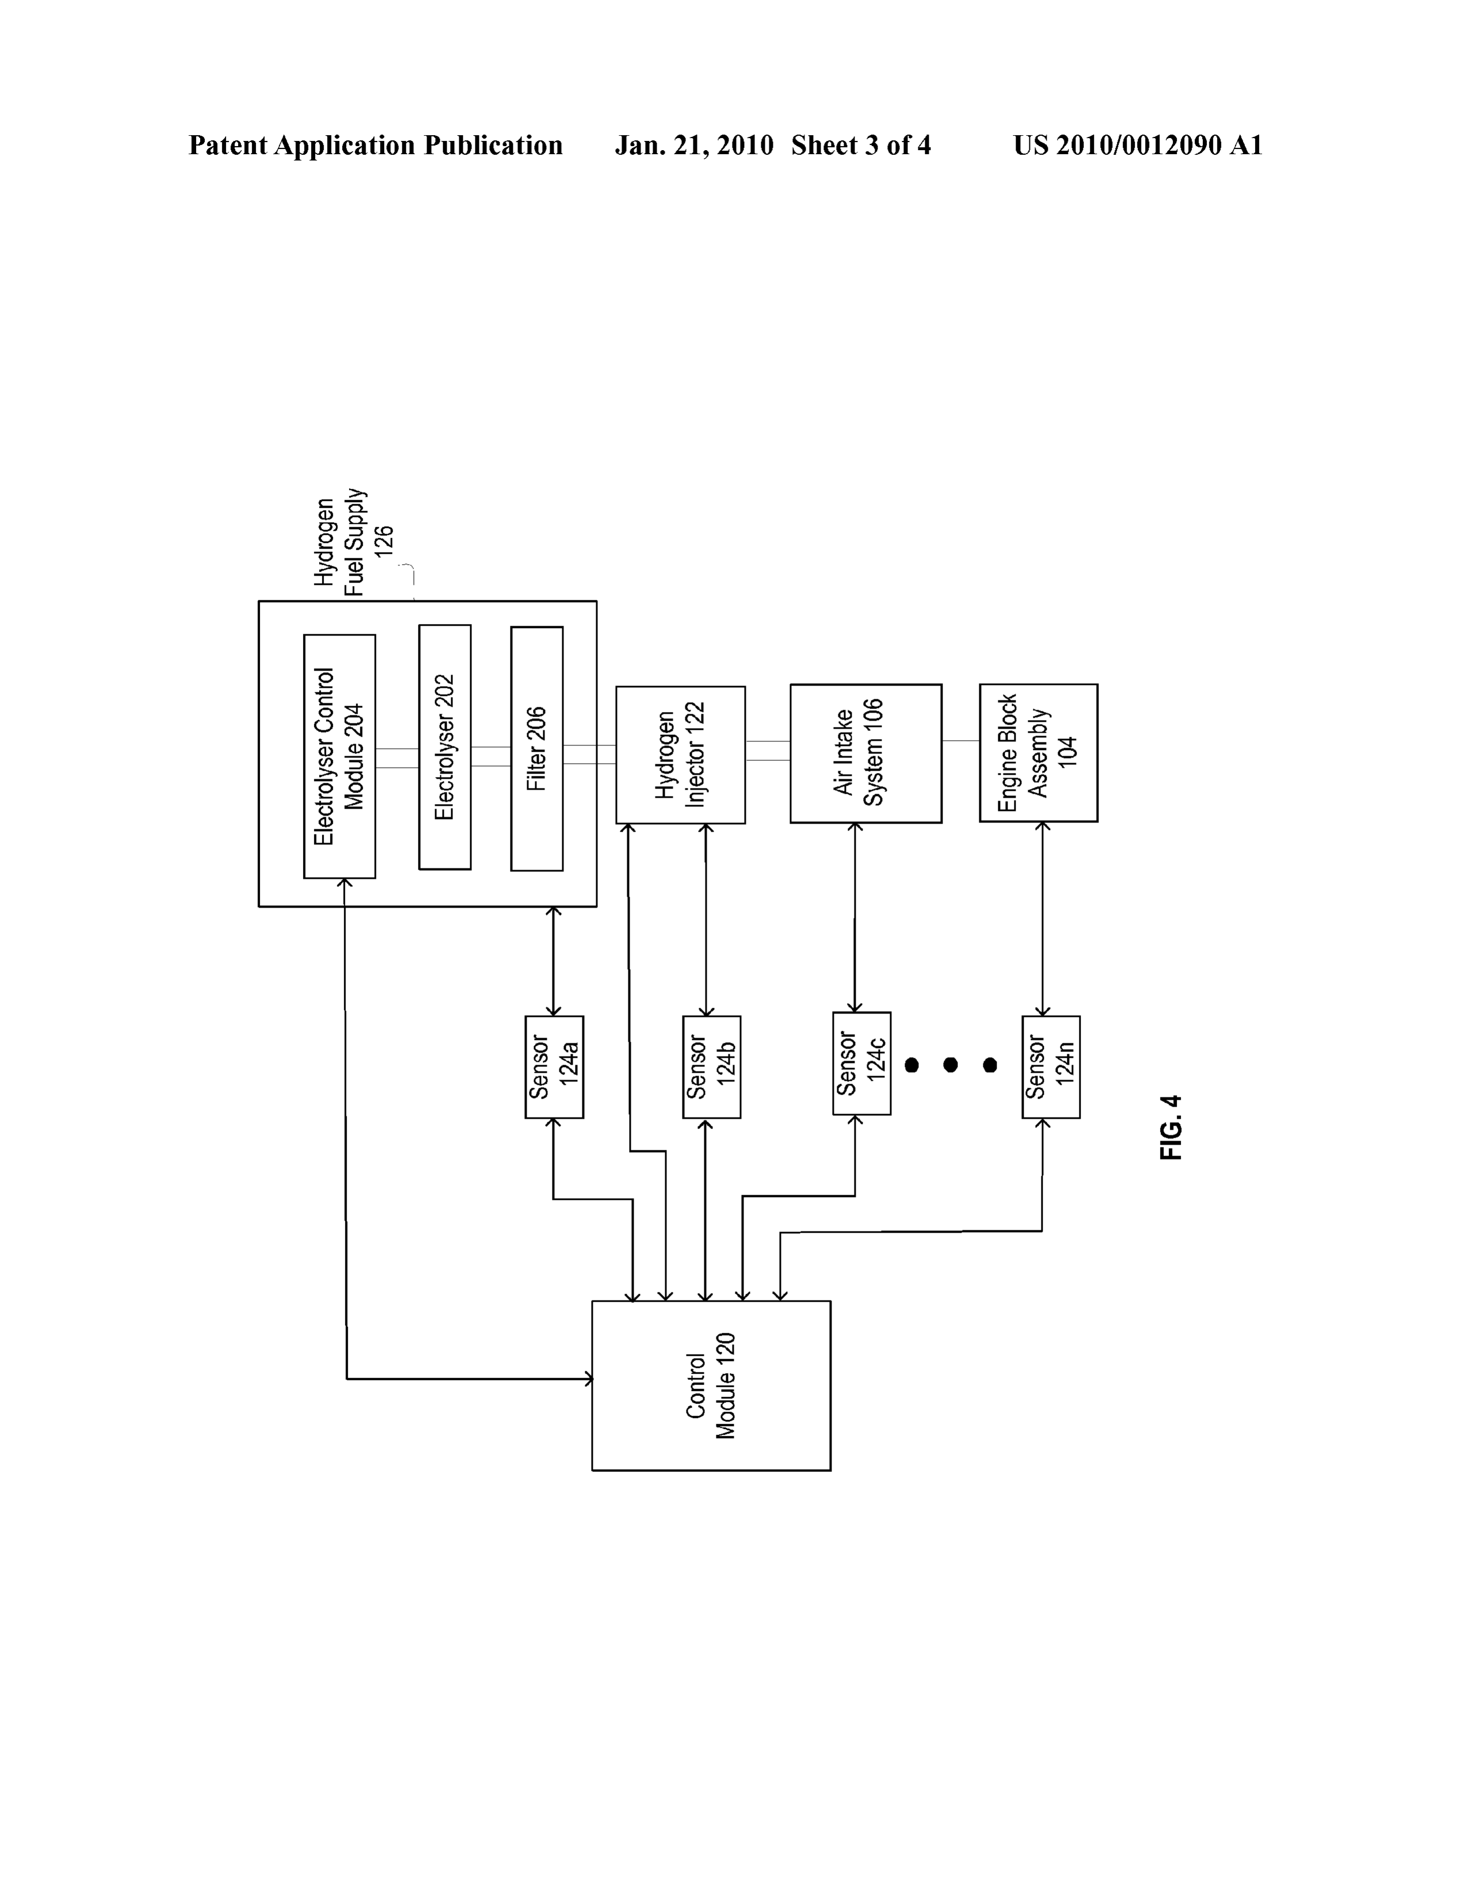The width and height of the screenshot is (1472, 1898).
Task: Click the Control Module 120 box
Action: pyautogui.click(x=711, y=1386)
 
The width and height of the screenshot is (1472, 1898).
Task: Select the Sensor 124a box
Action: pyautogui.click(x=554, y=1066)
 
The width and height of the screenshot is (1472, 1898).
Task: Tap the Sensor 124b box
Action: pyautogui.click(x=712, y=1066)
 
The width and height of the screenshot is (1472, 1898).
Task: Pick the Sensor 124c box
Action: pyautogui.click(x=862, y=1063)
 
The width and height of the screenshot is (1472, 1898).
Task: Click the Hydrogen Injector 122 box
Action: pyautogui.click(x=680, y=755)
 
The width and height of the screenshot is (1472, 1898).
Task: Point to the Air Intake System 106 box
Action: pyautogui.click(x=865, y=753)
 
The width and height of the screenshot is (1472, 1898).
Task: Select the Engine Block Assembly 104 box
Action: pyautogui.click(x=1038, y=753)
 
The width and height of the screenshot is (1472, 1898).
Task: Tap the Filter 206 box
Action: pyautogui.click(x=537, y=748)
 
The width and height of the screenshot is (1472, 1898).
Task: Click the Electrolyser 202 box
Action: pyautogui.click(x=445, y=747)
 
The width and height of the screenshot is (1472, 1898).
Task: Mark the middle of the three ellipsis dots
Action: pyautogui.click(x=950, y=1065)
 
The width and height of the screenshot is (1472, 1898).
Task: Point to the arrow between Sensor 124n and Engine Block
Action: pyautogui.click(x=1042, y=919)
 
